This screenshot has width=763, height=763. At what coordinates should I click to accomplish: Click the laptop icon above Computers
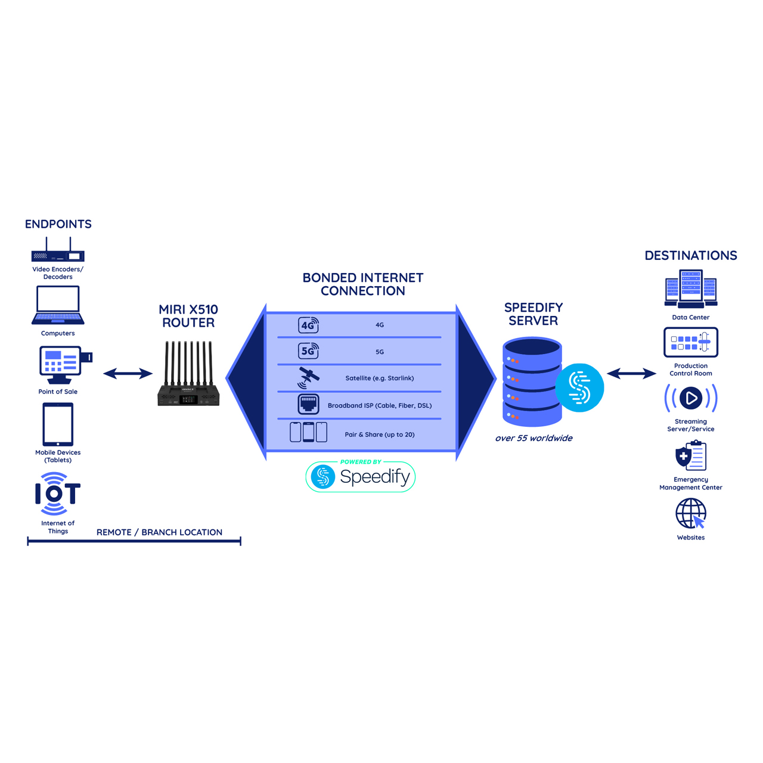[x=58, y=305]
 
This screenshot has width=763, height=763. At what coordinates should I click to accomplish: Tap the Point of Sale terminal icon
[x=66, y=365]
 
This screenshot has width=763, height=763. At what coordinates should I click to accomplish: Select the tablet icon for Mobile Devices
[x=58, y=424]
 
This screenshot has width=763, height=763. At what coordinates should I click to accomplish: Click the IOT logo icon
[x=58, y=494]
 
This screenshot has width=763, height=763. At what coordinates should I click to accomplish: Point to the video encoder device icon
[x=58, y=249]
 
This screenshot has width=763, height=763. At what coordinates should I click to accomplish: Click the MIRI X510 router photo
[x=188, y=373]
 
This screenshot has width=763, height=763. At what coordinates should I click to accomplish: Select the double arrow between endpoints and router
[x=128, y=373]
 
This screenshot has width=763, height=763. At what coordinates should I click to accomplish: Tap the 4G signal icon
[x=308, y=325]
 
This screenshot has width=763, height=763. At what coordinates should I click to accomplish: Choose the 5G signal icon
[x=308, y=351]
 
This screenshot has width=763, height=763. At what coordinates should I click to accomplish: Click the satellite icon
[x=308, y=377]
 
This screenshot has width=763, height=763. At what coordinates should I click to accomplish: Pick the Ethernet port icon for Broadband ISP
[x=308, y=404]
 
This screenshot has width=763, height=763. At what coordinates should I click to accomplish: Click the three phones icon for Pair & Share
[x=308, y=432]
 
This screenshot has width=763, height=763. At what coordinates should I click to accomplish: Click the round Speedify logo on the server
[x=579, y=387]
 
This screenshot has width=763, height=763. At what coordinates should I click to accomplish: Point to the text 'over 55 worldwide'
[x=534, y=438]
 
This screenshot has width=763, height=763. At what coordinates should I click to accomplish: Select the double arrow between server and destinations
[x=631, y=373]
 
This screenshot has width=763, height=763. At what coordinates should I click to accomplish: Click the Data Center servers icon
[x=690, y=289]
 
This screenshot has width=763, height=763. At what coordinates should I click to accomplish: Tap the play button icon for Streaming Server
[x=690, y=398]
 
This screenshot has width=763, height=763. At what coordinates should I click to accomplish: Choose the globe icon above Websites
[x=690, y=513]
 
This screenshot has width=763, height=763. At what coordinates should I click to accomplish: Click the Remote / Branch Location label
[x=159, y=532]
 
